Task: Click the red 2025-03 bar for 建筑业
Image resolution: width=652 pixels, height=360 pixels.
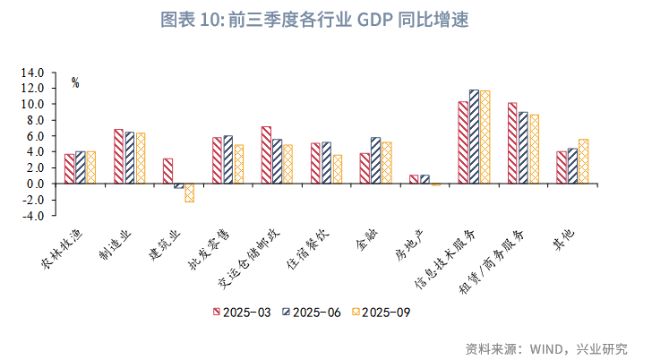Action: pyautogui.click(x=168, y=171)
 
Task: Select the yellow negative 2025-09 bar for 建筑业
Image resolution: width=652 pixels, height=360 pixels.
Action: pyautogui.click(x=190, y=193)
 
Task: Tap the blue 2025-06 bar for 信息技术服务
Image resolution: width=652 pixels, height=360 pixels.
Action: pyautogui.click(x=474, y=137)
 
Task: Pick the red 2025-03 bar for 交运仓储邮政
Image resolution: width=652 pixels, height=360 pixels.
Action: pyautogui.click(x=266, y=155)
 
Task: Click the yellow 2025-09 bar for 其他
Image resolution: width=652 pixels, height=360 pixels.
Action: pyautogui.click(x=583, y=161)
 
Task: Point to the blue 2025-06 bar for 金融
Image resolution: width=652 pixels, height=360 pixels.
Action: pyautogui.click(x=375, y=160)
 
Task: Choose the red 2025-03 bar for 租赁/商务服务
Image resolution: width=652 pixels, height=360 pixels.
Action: pyautogui.click(x=512, y=143)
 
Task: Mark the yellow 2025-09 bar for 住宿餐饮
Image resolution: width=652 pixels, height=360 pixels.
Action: pyautogui.click(x=338, y=169)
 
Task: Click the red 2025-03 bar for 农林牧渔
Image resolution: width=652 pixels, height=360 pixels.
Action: pyautogui.click(x=70, y=168)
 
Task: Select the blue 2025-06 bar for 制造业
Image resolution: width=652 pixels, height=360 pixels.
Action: pyautogui.click(x=130, y=158)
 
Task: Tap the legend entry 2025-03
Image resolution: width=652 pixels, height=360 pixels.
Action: pyautogui.click(x=242, y=313)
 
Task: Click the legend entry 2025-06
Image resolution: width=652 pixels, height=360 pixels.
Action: pyautogui.click(x=312, y=313)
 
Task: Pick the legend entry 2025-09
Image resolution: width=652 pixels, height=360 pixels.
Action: pyautogui.click(x=381, y=313)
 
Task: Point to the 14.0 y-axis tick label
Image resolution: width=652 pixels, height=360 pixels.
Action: pyautogui.click(x=32, y=73)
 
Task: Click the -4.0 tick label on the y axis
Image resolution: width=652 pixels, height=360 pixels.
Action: pyautogui.click(x=32, y=216)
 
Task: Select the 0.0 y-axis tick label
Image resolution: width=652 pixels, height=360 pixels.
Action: pyautogui.click(x=32, y=184)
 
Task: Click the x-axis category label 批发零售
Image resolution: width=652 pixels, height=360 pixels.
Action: pyautogui.click(x=209, y=250)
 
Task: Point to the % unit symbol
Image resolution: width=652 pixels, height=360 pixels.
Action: pyautogui.click(x=75, y=82)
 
